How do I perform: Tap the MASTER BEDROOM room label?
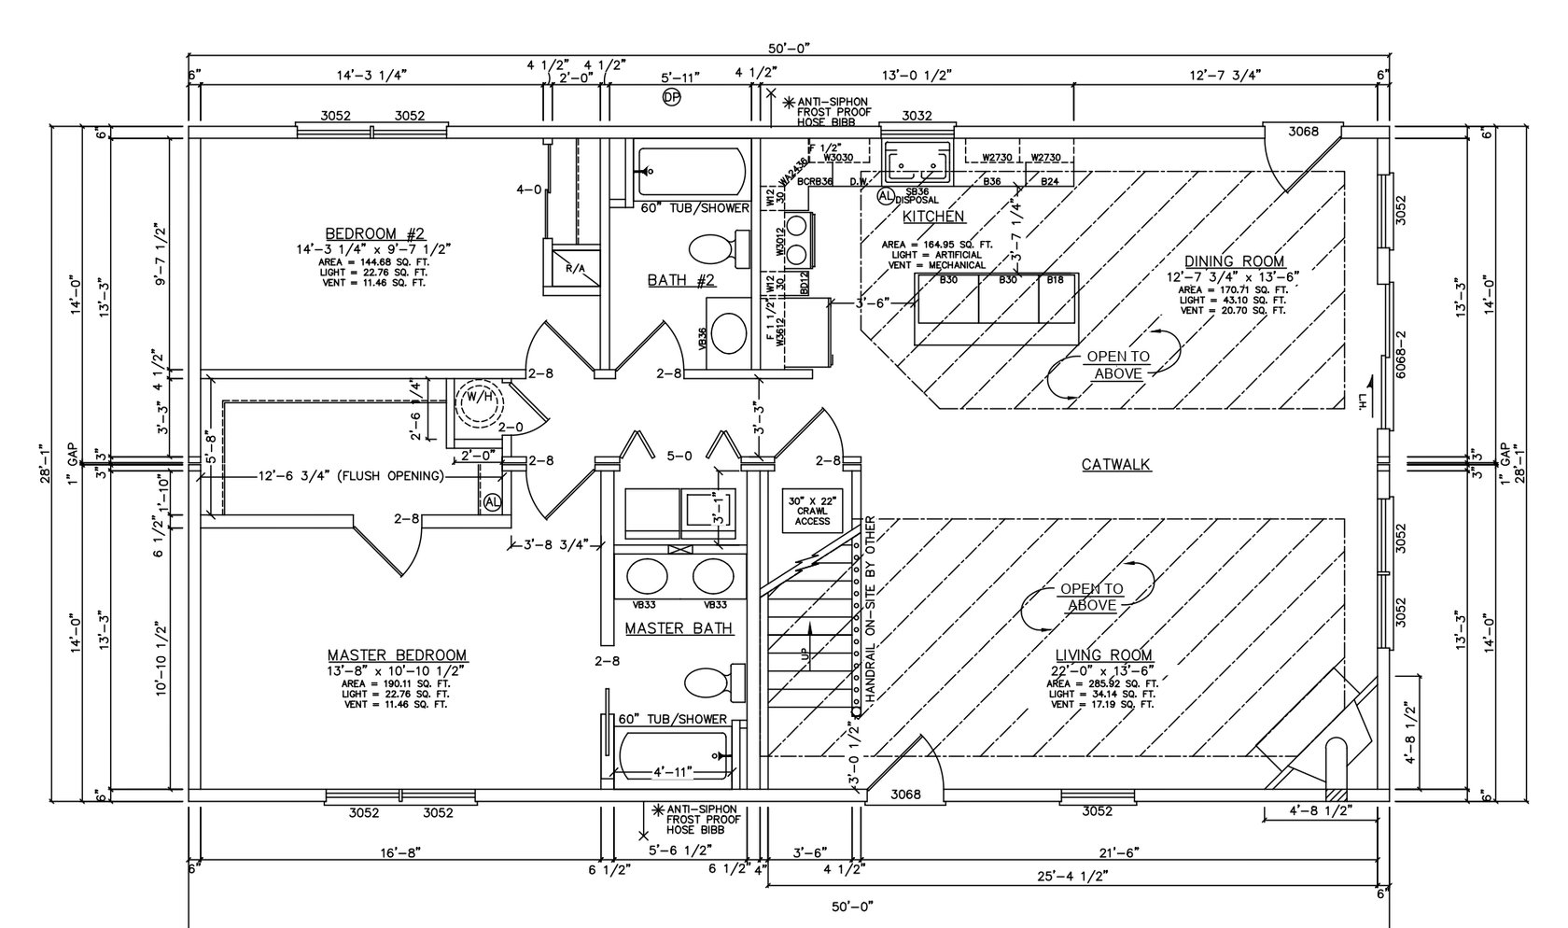(x=397, y=655)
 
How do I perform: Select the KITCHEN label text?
(x=933, y=217)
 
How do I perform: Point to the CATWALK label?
(x=1115, y=464)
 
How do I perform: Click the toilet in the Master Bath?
(x=712, y=683)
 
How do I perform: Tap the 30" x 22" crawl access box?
(x=811, y=511)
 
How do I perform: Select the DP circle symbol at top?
(x=671, y=97)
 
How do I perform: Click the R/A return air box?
(x=575, y=267)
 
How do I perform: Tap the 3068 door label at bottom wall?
(x=905, y=794)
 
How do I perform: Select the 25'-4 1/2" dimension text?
(x=1071, y=877)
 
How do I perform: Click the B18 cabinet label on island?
(x=1055, y=279)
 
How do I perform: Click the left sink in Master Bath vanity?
(x=646, y=575)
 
